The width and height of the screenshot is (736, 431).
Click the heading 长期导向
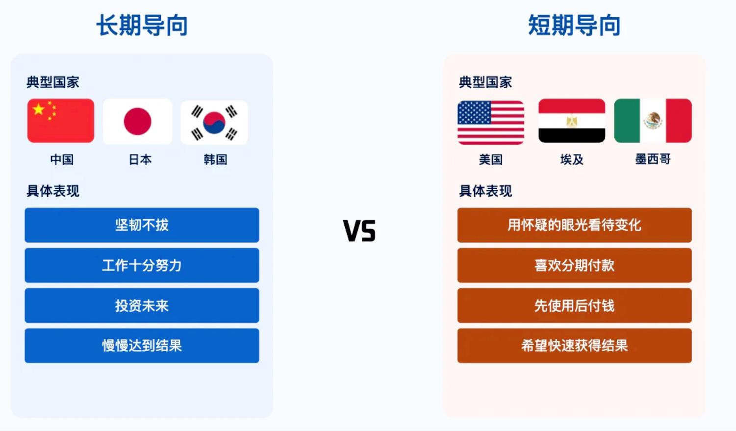(142, 25)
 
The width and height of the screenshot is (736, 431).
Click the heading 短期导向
(574, 25)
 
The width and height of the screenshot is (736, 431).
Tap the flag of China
(61, 121)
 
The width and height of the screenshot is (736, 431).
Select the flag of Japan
(137, 122)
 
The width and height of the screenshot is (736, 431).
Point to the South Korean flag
(214, 123)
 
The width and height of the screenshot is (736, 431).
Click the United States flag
(491, 123)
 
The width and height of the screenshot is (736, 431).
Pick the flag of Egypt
(572, 121)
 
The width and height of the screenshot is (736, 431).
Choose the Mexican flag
(653, 121)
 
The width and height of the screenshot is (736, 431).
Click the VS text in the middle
(359, 230)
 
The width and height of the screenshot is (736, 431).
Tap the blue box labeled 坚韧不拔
(142, 225)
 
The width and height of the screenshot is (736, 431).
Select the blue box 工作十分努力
(142, 265)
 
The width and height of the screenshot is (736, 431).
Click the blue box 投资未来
(142, 305)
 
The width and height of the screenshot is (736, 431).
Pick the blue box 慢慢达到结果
(142, 346)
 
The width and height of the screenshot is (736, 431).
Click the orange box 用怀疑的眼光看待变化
(574, 225)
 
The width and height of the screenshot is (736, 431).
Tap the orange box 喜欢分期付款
(574, 265)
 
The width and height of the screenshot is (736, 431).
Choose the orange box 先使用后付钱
(574, 305)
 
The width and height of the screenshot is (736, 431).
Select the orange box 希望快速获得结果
(574, 346)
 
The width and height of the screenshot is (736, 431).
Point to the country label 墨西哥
(653, 159)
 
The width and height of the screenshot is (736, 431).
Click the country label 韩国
(215, 159)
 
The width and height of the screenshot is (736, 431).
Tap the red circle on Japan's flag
(137, 122)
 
